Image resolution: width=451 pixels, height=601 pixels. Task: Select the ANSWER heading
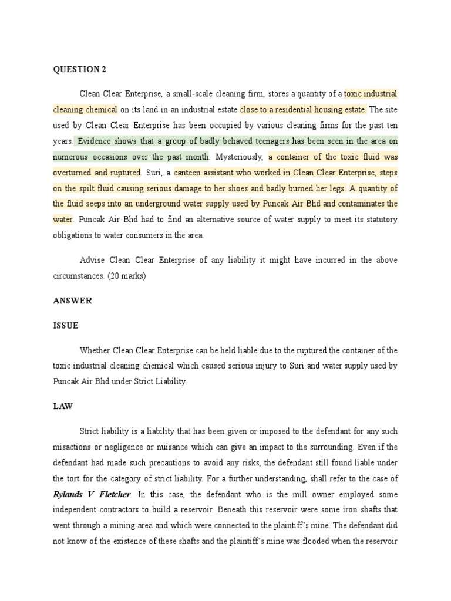point(72,300)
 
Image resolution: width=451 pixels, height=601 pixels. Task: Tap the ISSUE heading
point(66,325)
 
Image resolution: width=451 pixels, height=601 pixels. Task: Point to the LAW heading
point(62,406)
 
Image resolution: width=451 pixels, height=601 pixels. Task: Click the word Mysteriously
point(239,157)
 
